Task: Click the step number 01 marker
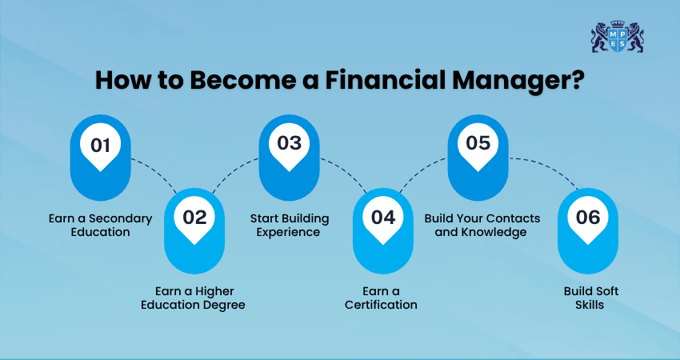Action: (x=100, y=158)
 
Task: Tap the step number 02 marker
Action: (x=194, y=230)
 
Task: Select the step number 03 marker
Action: (x=289, y=158)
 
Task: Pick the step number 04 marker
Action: (x=383, y=230)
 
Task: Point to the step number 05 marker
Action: (x=478, y=158)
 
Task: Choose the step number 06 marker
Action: (x=588, y=230)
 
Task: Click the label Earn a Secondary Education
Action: (x=100, y=225)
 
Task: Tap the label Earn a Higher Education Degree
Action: (x=194, y=298)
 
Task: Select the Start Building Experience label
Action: (x=290, y=225)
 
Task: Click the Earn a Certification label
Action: (x=381, y=298)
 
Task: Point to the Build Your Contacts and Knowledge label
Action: (x=482, y=225)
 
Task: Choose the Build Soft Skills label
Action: (x=590, y=298)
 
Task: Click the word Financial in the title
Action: (x=385, y=80)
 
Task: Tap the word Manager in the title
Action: (x=518, y=82)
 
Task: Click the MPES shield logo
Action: (x=617, y=37)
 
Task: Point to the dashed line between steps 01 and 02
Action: (x=157, y=170)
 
